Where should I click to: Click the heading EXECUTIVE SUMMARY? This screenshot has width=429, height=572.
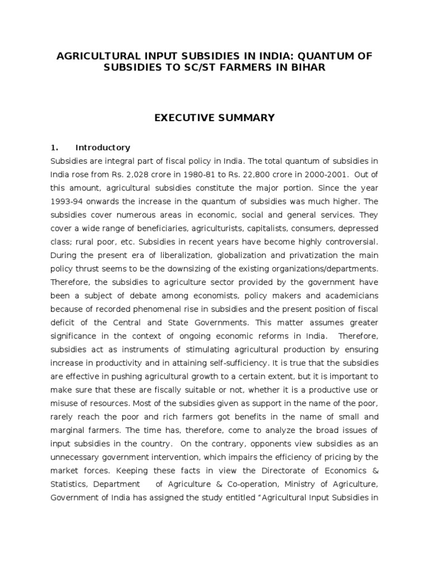click(214, 117)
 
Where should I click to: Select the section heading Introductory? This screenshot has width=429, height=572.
click(103, 148)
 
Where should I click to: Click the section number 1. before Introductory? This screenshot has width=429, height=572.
click(55, 148)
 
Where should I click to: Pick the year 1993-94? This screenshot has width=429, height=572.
click(67, 201)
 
